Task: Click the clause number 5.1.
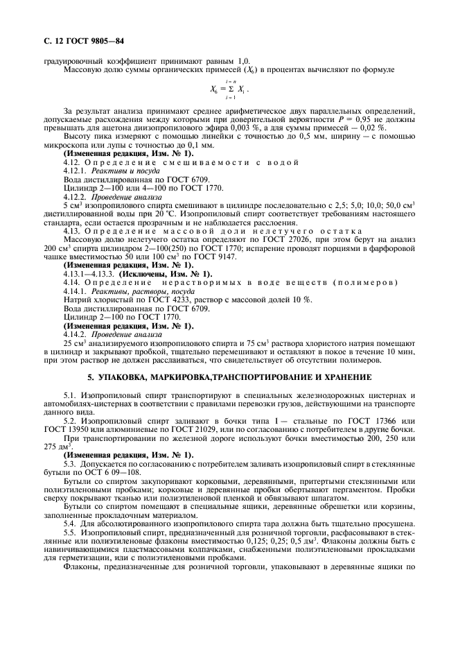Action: click(x=70, y=393)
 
